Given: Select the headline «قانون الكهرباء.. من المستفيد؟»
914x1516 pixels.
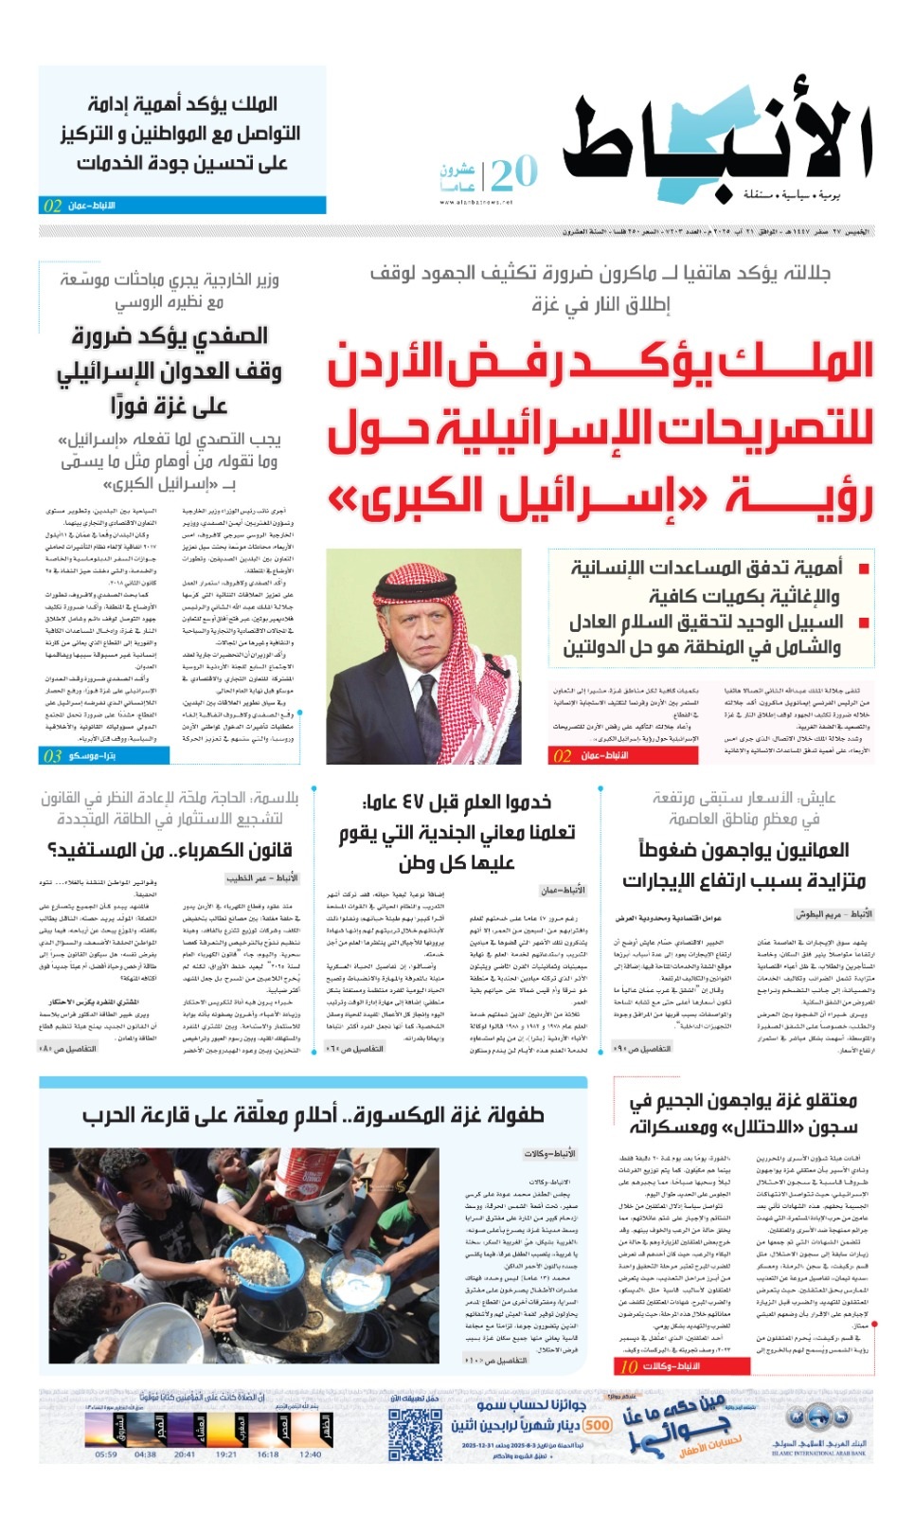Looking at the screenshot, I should [x=170, y=850].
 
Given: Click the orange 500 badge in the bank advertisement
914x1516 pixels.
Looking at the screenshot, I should [x=598, y=1425].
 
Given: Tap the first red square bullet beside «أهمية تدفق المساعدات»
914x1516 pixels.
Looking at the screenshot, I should [x=863, y=569].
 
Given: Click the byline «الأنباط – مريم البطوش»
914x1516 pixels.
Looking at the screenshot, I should [x=833, y=914].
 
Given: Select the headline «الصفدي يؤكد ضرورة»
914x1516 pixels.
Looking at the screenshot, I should [x=170, y=336].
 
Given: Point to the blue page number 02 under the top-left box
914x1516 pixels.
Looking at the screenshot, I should [x=53, y=206].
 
